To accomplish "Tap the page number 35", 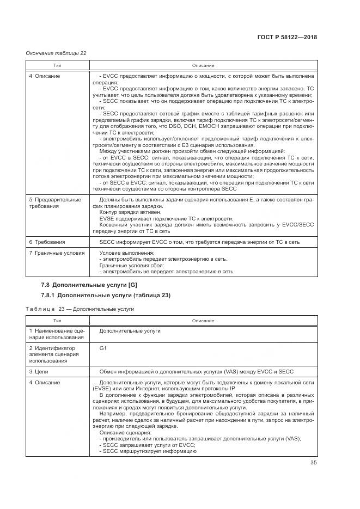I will pyautogui.click(x=313, y=464).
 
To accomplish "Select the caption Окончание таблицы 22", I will pyautogui.click(x=56, y=53).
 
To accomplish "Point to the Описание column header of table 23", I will pyautogui.click(x=203, y=321).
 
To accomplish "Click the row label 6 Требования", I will pyautogui.click(x=47, y=241).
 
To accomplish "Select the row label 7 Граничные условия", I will pyautogui.click(x=57, y=253).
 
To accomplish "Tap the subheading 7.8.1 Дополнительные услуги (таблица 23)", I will pyautogui.click(x=106, y=296).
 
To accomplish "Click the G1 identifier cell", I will pyautogui.click(x=103, y=347).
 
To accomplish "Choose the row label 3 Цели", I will pyautogui.click(x=40, y=371).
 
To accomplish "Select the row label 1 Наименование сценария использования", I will pyautogui.click(x=56, y=334).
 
